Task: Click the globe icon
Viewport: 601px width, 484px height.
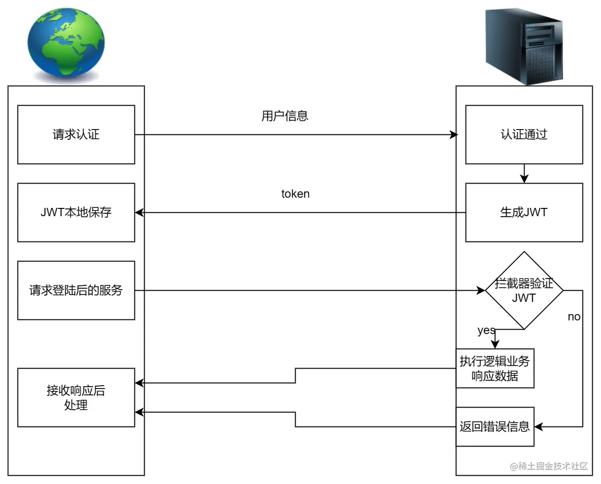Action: point(66,44)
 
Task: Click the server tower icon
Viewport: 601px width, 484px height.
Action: point(524,46)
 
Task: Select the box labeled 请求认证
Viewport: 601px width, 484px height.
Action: point(76,134)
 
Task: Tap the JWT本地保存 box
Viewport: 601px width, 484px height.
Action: point(76,212)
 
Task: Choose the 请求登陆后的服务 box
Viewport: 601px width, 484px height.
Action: point(76,290)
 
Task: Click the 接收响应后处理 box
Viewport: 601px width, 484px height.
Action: point(76,397)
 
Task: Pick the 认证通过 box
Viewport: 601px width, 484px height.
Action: point(524,134)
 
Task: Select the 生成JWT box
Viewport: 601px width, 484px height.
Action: point(524,212)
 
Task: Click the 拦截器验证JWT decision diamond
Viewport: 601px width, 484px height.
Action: point(524,291)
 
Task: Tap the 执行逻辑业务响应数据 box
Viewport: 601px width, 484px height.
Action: point(495,368)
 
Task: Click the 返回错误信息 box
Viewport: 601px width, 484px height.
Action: point(495,427)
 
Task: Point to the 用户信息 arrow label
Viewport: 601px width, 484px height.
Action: point(285,116)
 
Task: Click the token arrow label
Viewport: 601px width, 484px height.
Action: point(295,194)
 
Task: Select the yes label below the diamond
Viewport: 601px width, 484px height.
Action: point(486,331)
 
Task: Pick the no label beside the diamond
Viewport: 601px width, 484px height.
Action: point(574,316)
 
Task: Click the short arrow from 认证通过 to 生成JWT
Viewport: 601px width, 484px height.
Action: point(524,174)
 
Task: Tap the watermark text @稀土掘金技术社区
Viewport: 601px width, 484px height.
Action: point(549,466)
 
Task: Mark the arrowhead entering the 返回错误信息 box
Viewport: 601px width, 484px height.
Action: point(539,427)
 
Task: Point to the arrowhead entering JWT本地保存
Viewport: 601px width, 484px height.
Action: point(139,212)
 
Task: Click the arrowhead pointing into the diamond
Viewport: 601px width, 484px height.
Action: point(481,290)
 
